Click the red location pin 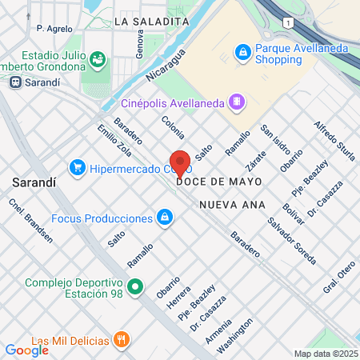coord(181,162)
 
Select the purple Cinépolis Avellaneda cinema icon coord(236,102)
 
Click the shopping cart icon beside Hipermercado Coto coord(78,167)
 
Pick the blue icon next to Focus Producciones coord(164,217)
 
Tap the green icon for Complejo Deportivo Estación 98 coord(136,286)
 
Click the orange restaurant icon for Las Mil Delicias coord(122,339)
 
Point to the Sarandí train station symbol coord(14,82)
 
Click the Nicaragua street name coord(166,66)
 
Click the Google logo coord(26,350)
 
